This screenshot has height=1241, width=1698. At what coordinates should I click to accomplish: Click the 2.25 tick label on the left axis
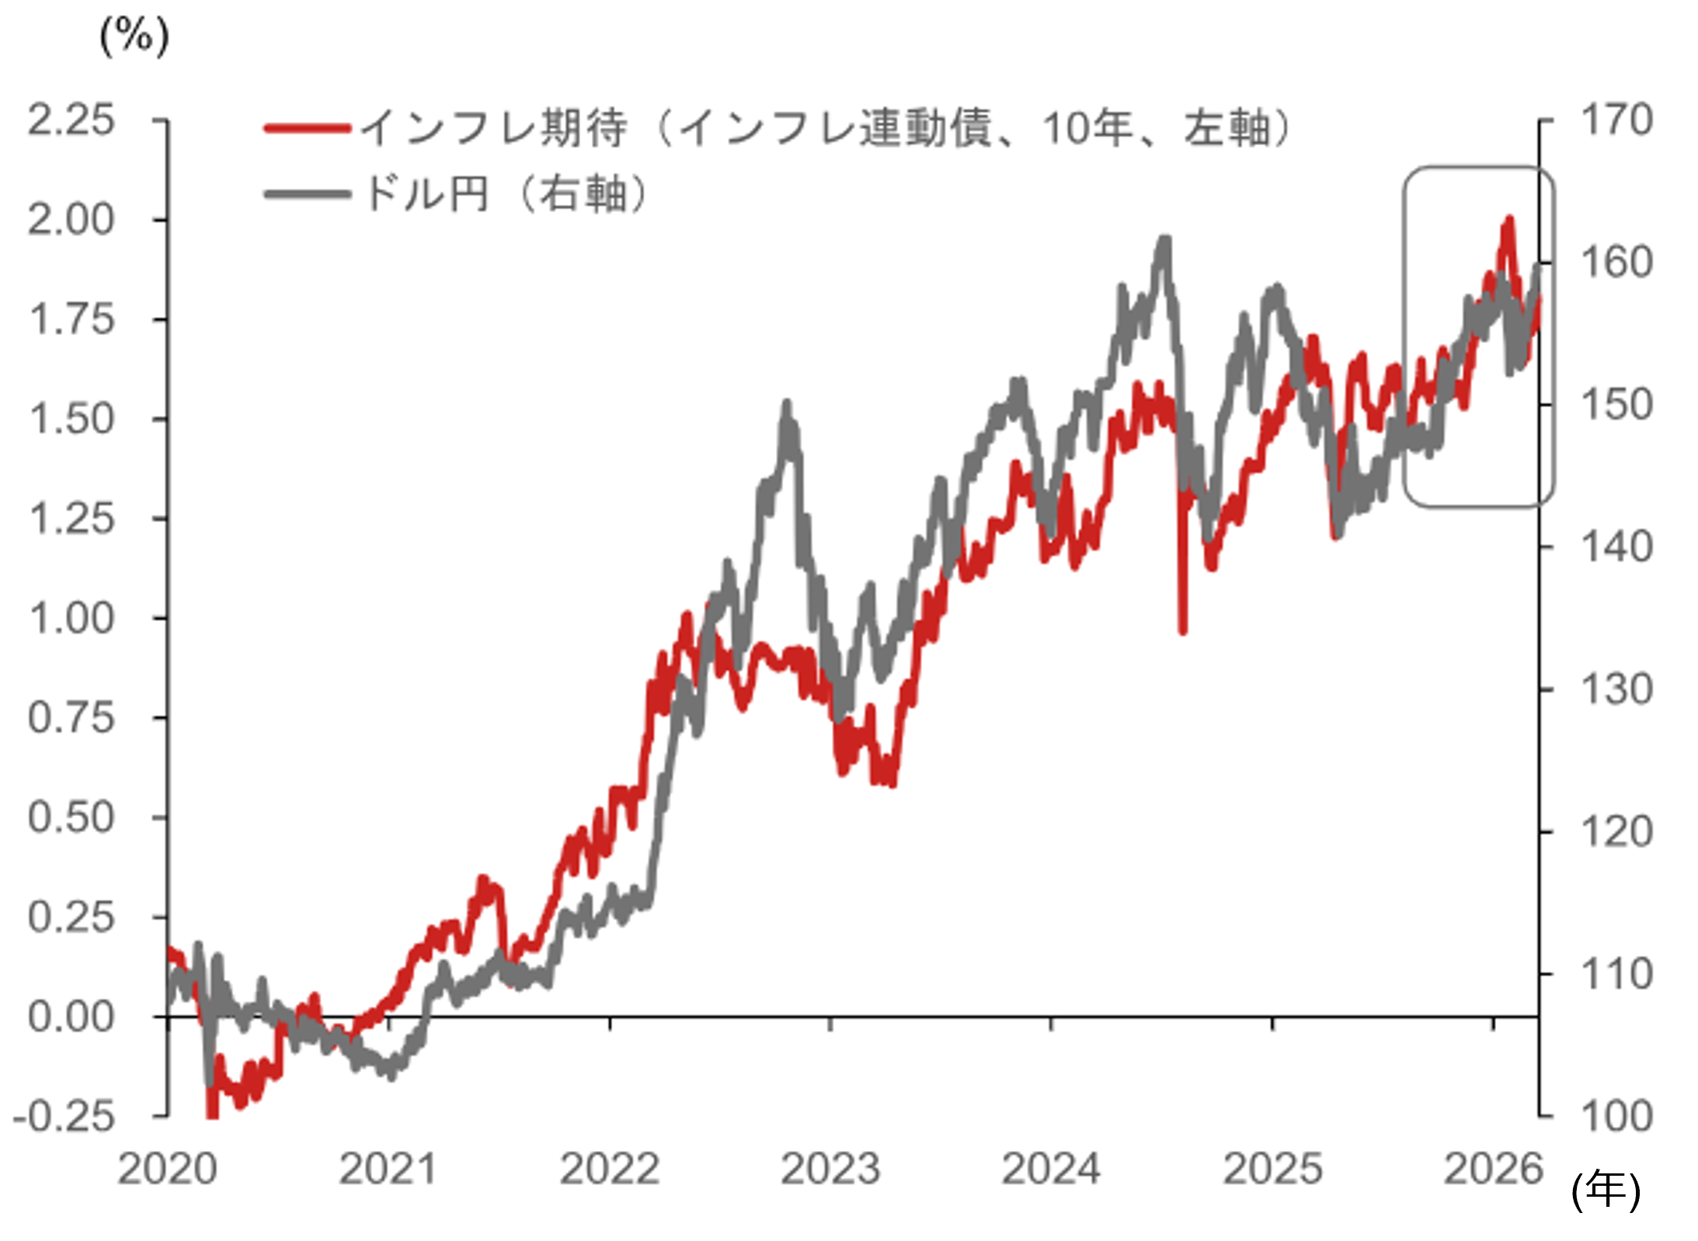tap(71, 120)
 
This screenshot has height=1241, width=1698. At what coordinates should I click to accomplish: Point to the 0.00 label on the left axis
tap(71, 1016)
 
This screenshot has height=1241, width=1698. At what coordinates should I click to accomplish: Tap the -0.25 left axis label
tap(64, 1117)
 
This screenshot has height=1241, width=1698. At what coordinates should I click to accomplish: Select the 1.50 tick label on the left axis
tap(71, 419)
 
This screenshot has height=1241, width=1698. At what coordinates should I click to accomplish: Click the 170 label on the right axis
tap(1616, 120)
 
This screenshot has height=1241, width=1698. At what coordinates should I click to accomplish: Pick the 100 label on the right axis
tap(1616, 1117)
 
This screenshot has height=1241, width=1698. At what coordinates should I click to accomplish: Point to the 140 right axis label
tap(1616, 547)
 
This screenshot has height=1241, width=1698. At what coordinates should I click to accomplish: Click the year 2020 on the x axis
tap(167, 1168)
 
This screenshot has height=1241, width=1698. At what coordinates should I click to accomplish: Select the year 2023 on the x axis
tap(830, 1168)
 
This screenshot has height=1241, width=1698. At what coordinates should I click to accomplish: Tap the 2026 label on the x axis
tap(1493, 1168)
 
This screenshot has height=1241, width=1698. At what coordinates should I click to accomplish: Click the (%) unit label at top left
tap(134, 36)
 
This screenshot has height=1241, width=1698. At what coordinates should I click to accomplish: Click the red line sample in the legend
tap(307, 128)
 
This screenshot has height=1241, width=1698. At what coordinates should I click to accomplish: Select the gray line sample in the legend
tap(307, 193)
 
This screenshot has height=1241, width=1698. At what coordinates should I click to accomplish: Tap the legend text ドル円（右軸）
tap(505, 193)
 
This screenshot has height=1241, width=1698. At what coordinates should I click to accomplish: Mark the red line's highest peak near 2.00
tap(1509, 221)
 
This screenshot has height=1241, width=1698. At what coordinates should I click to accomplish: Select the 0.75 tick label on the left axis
tap(71, 717)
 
